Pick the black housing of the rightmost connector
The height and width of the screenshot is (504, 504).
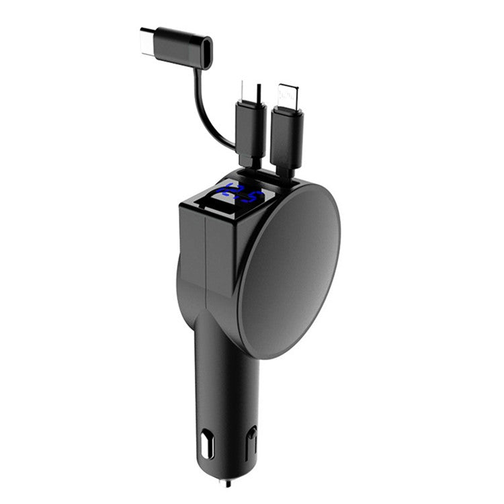[287, 134]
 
